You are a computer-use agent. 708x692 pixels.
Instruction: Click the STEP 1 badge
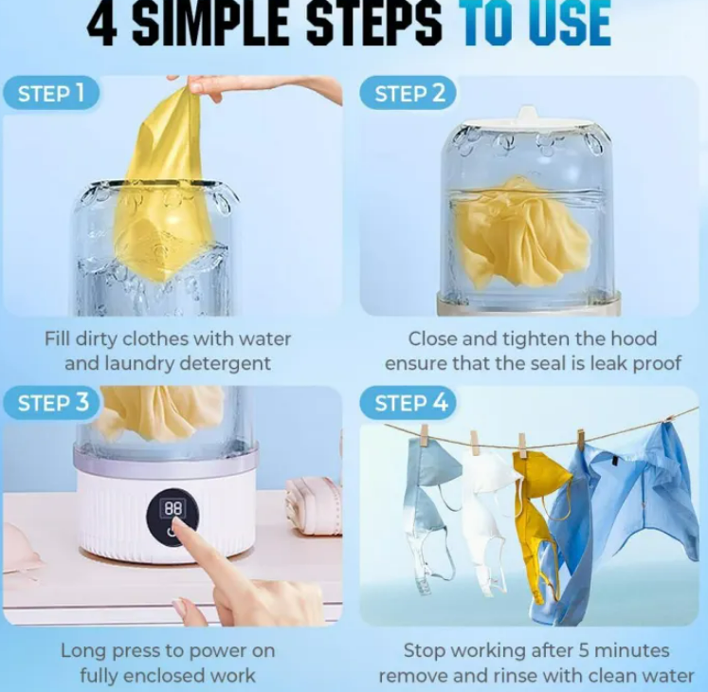[51, 93]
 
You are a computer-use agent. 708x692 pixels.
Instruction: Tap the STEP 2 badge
[408, 93]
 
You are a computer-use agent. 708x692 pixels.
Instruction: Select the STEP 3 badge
[52, 403]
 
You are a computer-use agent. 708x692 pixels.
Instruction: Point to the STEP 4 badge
[409, 403]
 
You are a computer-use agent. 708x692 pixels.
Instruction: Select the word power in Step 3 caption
[211, 651]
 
